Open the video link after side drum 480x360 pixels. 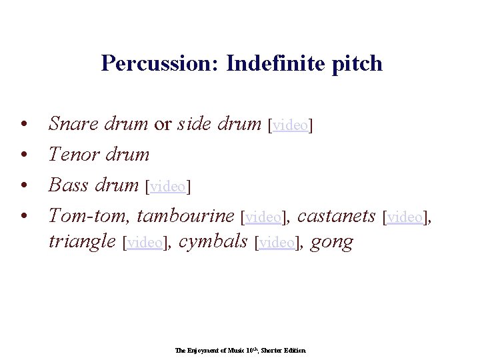tap(291, 125)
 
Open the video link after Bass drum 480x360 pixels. tap(168, 187)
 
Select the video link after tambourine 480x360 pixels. tap(263, 217)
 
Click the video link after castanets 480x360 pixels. tap(405, 217)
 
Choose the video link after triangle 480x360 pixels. tap(145, 243)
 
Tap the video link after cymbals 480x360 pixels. tap(275, 243)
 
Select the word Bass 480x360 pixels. tap(68, 185)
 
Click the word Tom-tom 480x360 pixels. tap(89, 216)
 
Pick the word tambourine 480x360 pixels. tap(185, 216)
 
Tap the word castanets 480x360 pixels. tap(336, 216)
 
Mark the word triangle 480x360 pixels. tap(82, 241)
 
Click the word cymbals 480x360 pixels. tap(214, 241)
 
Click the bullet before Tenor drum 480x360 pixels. tap(23, 155)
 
